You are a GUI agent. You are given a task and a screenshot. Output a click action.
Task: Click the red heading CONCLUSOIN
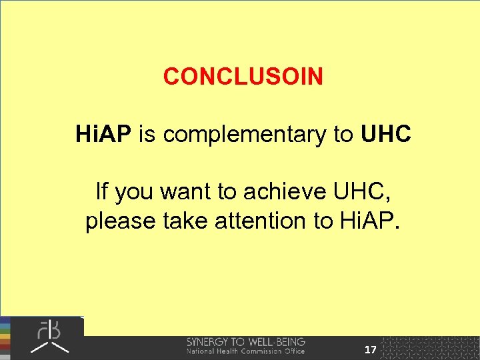pyautogui.click(x=243, y=77)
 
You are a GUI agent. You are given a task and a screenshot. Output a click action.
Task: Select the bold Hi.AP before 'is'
pyautogui.click(x=104, y=135)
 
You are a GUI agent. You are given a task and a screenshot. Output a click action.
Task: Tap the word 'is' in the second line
pyautogui.click(x=149, y=135)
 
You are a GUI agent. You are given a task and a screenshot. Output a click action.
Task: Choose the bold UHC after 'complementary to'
pyautogui.click(x=386, y=135)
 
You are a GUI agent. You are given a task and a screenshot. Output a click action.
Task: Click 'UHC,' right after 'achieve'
pyautogui.click(x=361, y=192)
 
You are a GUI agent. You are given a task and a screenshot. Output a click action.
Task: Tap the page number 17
pyautogui.click(x=371, y=349)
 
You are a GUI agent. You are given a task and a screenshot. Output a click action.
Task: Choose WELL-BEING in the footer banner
pyautogui.click(x=277, y=342)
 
